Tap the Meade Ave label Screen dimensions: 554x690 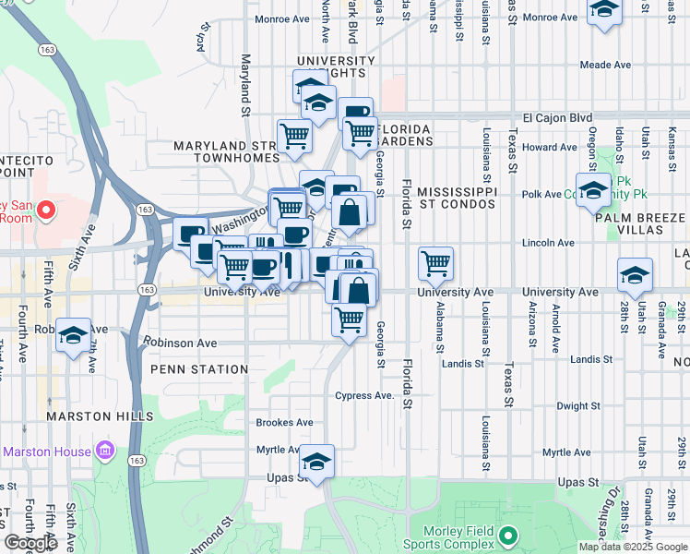click(605, 65)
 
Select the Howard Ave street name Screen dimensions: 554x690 click(549, 147)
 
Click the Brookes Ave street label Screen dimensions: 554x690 click(284, 422)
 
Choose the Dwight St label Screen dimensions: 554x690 click(579, 405)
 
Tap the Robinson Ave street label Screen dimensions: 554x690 click(180, 343)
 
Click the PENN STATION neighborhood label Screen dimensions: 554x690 click(200, 369)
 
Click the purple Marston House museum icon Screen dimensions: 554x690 click(104, 452)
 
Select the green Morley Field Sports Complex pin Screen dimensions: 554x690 click(507, 535)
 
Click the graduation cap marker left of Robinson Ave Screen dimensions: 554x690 click(72, 336)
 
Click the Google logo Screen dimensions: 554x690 click(31, 543)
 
